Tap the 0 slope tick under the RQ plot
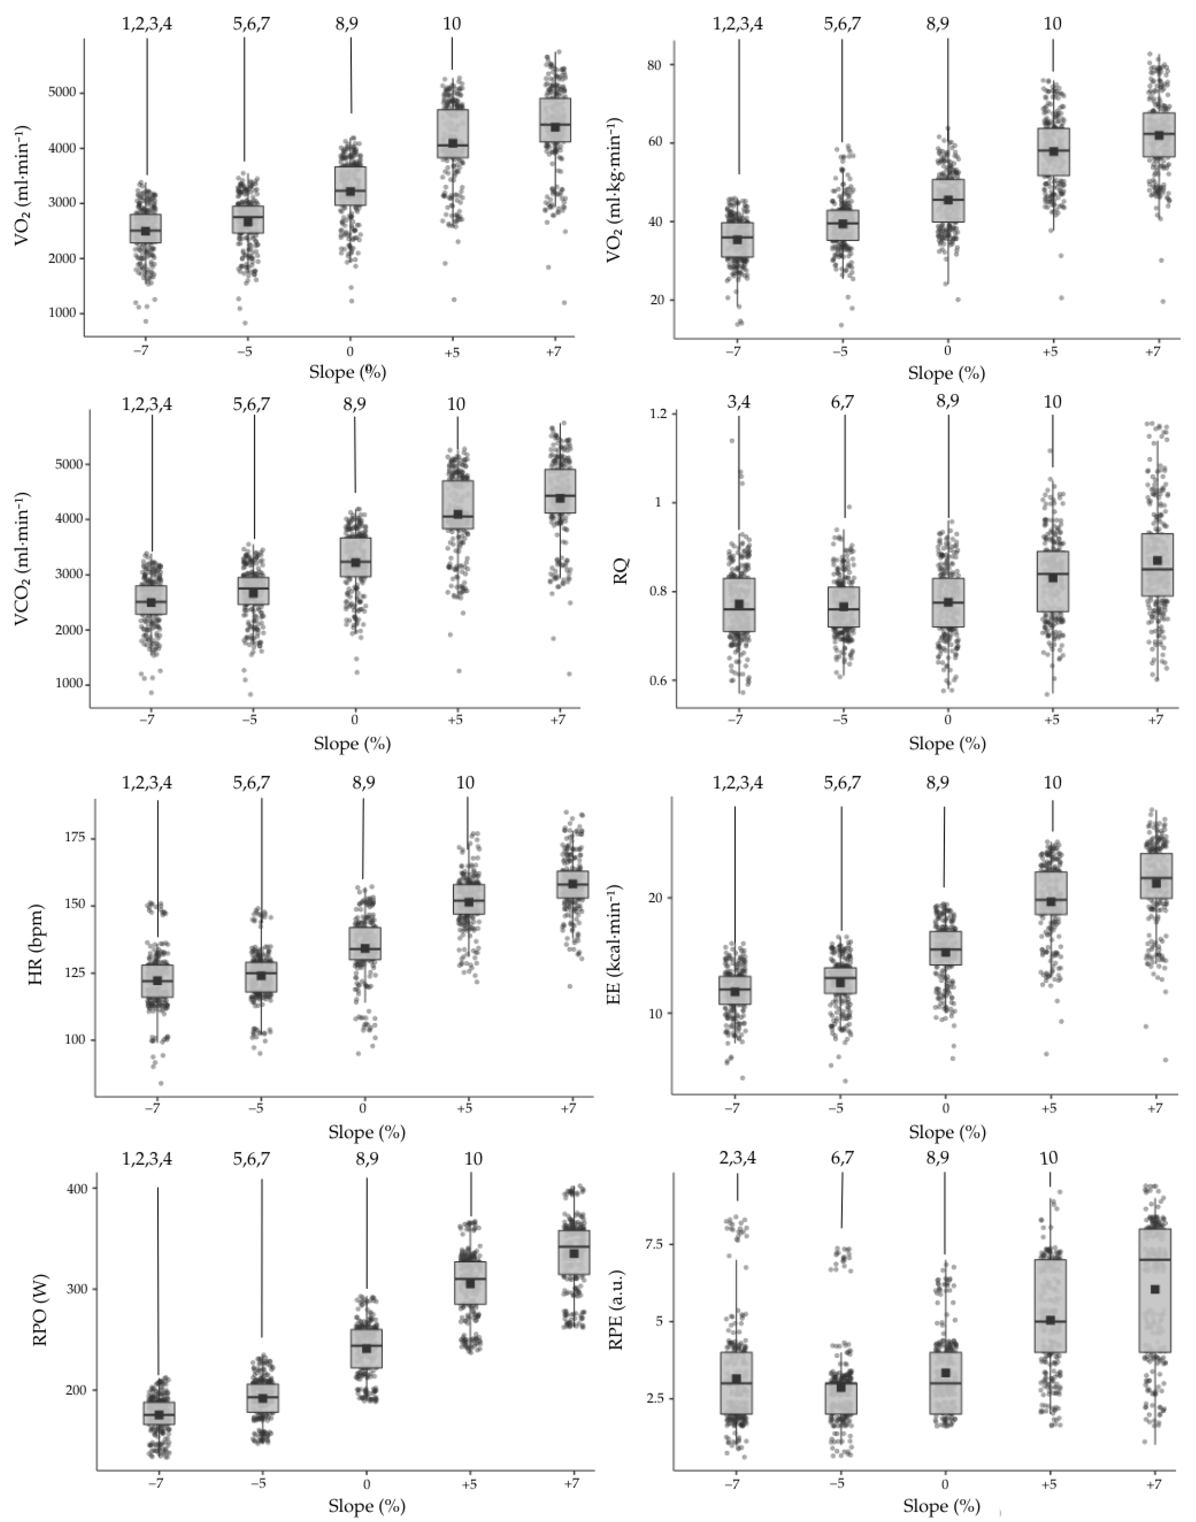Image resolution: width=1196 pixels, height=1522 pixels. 948,719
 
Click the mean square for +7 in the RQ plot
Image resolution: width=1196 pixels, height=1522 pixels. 1158,560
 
